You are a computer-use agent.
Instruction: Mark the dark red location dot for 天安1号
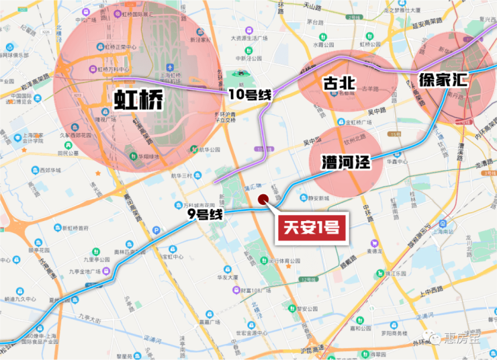point(264,199)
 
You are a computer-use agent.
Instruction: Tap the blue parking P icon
point(156,230)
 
